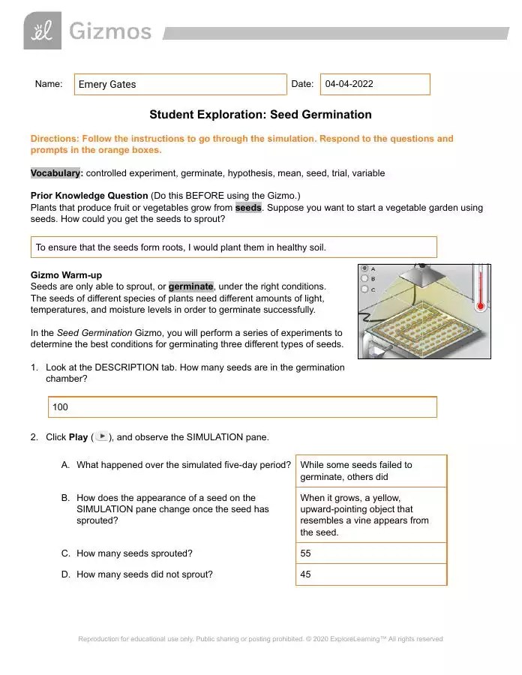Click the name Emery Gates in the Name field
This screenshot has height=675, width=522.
click(107, 85)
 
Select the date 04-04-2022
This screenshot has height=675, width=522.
click(349, 84)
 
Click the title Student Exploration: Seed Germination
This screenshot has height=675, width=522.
click(260, 115)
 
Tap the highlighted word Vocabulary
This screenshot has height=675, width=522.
click(56, 173)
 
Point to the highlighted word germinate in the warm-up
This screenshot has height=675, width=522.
click(191, 286)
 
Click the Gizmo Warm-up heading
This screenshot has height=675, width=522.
click(66, 275)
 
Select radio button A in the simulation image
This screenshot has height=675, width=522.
click(364, 268)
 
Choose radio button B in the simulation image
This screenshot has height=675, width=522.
click(364, 278)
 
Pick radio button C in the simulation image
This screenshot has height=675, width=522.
click(364, 289)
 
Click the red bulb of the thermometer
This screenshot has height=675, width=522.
click(479, 306)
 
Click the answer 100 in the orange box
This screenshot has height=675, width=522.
click(60, 407)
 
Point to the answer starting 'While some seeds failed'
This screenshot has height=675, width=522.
click(356, 471)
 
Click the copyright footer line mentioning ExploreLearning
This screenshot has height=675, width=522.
click(260, 639)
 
